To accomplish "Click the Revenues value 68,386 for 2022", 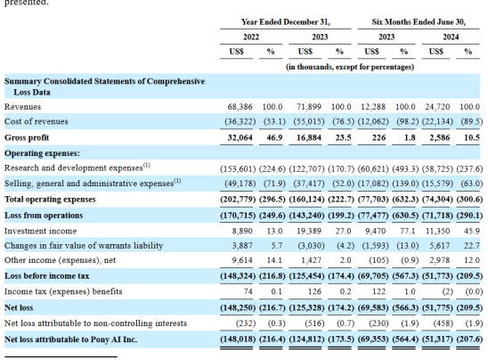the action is click(x=240, y=107).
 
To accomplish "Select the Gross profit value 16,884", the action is click(x=309, y=137).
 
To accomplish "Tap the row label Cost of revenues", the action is click(x=37, y=121).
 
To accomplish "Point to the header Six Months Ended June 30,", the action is click(x=419, y=22).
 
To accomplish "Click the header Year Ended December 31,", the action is click(x=286, y=22).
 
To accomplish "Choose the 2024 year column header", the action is click(x=451, y=37).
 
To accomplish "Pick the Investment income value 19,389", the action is click(x=309, y=231).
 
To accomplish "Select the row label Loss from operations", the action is click(x=44, y=216).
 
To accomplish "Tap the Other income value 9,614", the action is click(x=242, y=260).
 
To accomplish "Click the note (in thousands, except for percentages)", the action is click(x=350, y=67).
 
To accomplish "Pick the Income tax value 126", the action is click(x=314, y=291).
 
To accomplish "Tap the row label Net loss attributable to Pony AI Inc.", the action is click(x=70, y=340).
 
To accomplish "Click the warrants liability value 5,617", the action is click(x=440, y=246).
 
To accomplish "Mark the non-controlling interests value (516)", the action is click(x=314, y=323).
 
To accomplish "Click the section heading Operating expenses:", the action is click(x=42, y=153).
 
